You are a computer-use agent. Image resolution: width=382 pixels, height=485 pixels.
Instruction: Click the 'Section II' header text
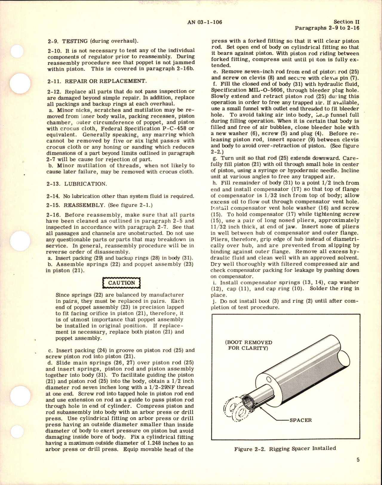point(346,22)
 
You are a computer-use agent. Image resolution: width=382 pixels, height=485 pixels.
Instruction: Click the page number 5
point(358,468)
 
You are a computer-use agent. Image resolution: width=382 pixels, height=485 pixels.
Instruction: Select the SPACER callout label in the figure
point(300,420)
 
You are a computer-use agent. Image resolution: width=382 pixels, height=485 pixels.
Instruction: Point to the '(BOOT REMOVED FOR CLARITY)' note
point(249,345)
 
